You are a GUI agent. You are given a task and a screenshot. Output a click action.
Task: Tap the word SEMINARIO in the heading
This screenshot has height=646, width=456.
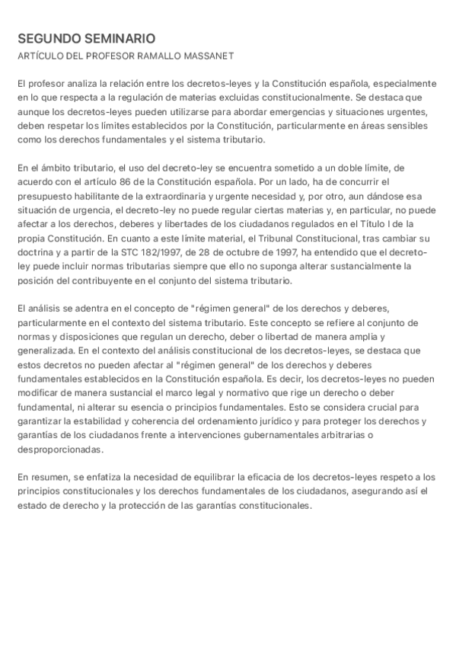click(x=118, y=38)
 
